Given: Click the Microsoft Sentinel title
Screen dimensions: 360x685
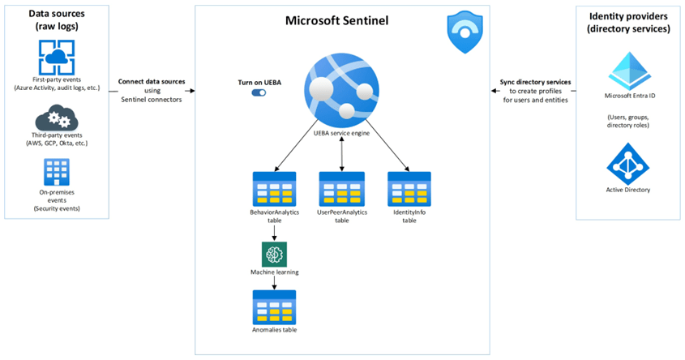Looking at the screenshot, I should (x=342, y=21).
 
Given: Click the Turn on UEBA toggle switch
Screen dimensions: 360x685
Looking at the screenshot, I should (x=259, y=92).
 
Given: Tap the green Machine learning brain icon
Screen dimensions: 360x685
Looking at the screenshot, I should (x=273, y=252).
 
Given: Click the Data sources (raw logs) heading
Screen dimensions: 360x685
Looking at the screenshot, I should (x=57, y=19).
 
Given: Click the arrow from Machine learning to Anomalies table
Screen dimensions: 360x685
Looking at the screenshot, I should (x=273, y=280).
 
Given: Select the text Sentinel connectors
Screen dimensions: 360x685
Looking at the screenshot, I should (x=153, y=99).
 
